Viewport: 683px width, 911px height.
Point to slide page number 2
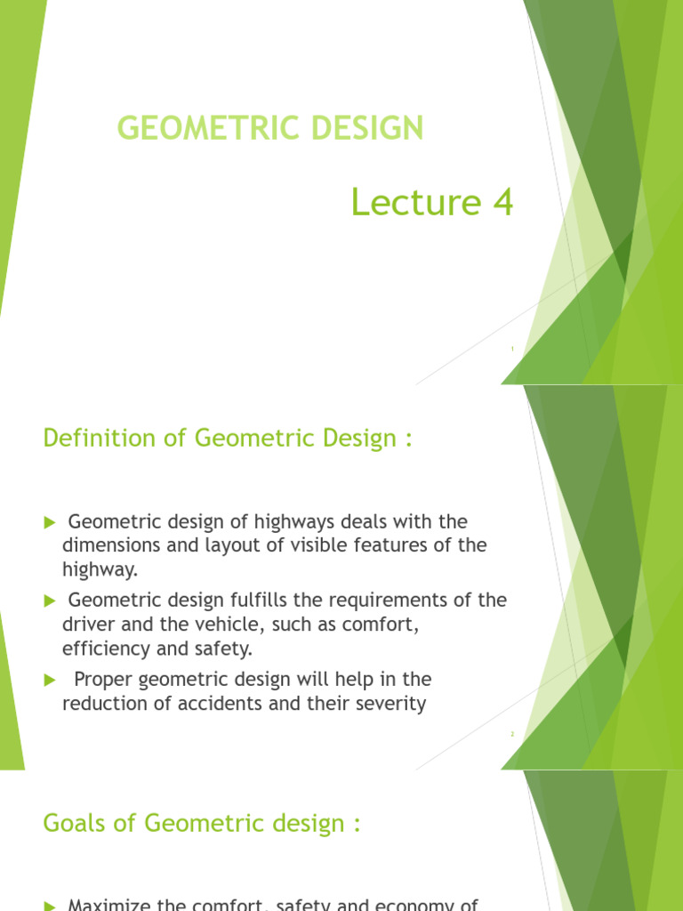(x=513, y=734)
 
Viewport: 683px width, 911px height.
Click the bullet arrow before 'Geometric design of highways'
(x=50, y=521)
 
